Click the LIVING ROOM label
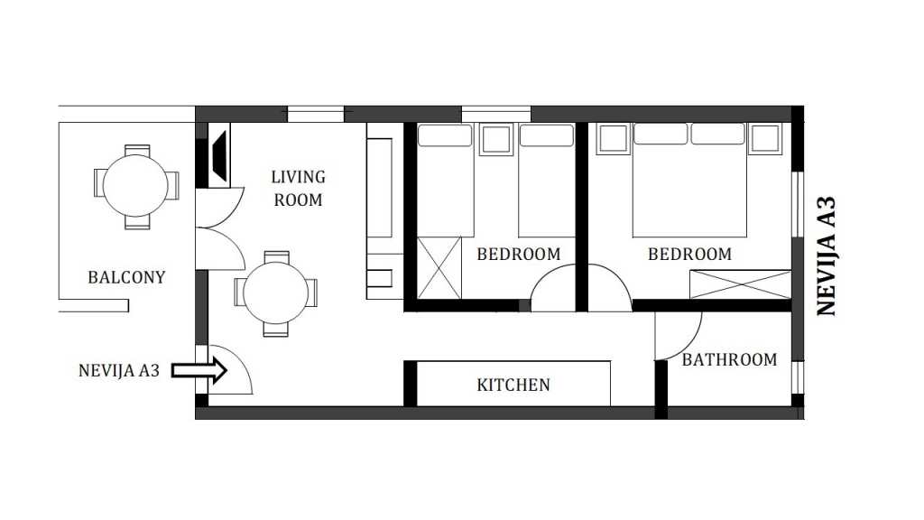(298, 189)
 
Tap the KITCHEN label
(513, 385)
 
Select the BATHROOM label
(729, 359)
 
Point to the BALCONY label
(126, 277)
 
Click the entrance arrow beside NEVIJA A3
(199, 371)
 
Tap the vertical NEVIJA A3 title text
(827, 255)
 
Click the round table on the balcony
(135, 186)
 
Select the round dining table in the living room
(276, 293)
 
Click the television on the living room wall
(218, 157)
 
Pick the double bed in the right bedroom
(689, 181)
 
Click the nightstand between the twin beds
(495, 140)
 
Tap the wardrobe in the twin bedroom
(439, 268)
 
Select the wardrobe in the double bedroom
(740, 284)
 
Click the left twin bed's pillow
(445, 135)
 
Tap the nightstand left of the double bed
(613, 138)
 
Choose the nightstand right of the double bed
(765, 138)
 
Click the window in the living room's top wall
(315, 114)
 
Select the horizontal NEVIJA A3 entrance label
(119, 370)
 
